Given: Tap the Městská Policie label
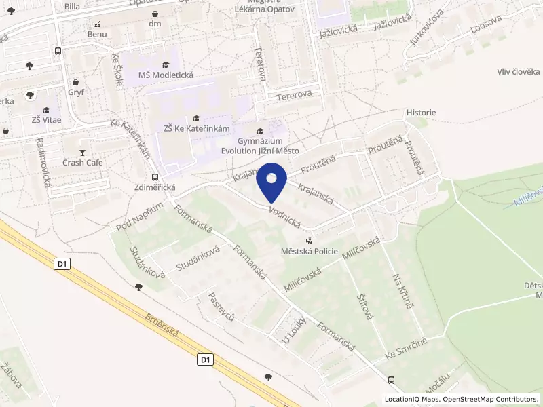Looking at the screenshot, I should [x=310, y=251].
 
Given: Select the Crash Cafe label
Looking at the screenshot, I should [x=83, y=163].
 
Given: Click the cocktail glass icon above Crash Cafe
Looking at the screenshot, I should [x=83, y=152].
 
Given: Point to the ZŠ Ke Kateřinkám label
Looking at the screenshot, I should [x=198, y=129].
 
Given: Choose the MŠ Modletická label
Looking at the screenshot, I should [x=166, y=75].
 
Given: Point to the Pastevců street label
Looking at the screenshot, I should [x=221, y=307].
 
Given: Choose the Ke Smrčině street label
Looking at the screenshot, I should [x=405, y=348].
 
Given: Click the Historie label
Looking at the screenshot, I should [x=421, y=113].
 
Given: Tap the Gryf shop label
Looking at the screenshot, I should [x=76, y=92].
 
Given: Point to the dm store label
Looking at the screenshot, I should [x=155, y=24].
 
